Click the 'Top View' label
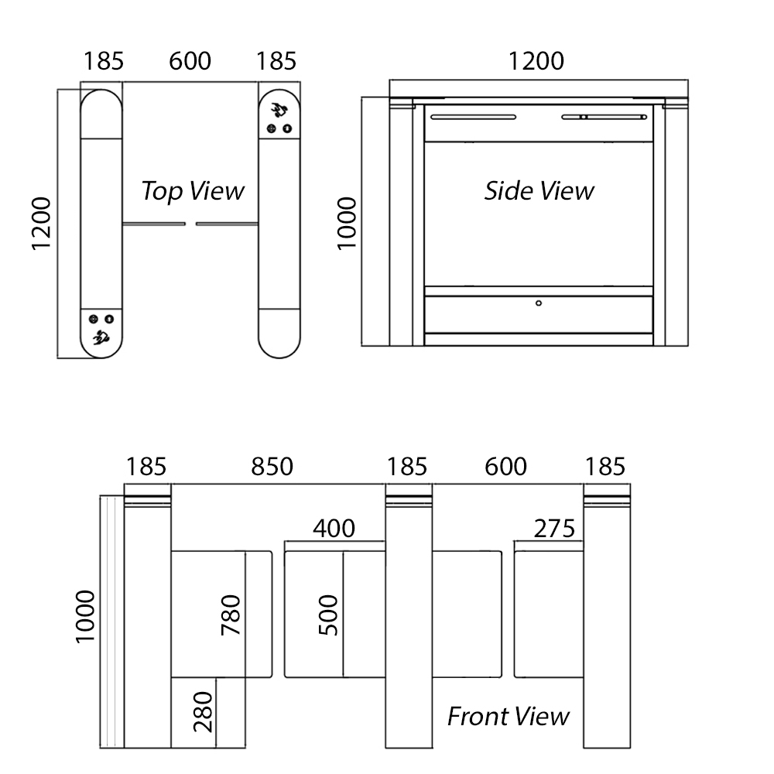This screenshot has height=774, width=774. [192, 190]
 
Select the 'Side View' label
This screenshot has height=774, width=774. [539, 190]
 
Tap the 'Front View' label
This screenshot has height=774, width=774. [509, 716]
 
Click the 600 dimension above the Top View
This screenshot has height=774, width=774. [190, 60]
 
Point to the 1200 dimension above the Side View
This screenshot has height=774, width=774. [536, 60]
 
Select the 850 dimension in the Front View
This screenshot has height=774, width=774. [272, 466]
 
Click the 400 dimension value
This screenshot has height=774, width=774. [334, 528]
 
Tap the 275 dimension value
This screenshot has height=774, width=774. [554, 528]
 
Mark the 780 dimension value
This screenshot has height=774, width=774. [231, 615]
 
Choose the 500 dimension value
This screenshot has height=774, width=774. [329, 615]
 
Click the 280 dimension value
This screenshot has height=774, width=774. [204, 713]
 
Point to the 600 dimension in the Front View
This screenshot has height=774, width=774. [505, 466]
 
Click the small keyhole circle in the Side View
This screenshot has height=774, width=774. [539, 303]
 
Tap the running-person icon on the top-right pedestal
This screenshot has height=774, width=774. [277, 109]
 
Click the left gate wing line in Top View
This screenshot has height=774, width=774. [153, 224]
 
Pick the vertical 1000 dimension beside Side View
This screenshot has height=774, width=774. [347, 223]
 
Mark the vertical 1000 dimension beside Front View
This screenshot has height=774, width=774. [84, 616]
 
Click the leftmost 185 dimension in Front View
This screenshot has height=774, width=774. [146, 466]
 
